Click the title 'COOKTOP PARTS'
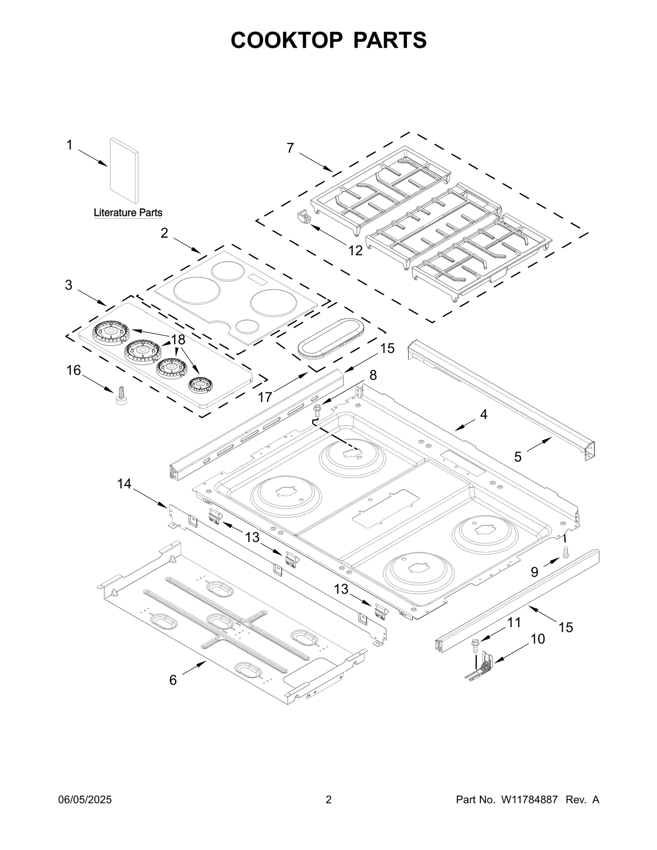click(x=328, y=40)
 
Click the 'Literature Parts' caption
click(x=128, y=213)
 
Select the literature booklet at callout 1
click(x=124, y=170)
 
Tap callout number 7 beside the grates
click(x=290, y=148)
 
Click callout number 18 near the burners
click(x=178, y=340)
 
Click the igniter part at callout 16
click(x=121, y=396)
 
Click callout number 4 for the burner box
click(x=484, y=415)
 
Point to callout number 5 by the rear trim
click(x=518, y=456)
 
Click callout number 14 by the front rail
click(x=124, y=484)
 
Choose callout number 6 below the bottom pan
click(x=173, y=680)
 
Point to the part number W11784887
click(x=529, y=800)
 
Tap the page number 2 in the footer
click(x=328, y=800)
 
